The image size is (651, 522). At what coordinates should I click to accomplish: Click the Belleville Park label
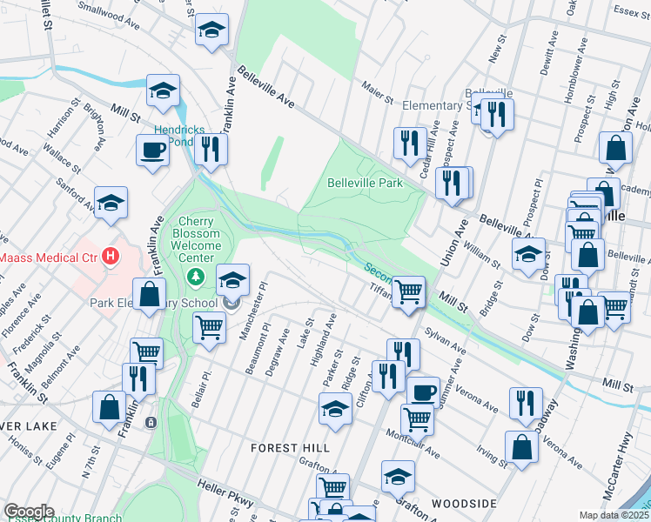365,184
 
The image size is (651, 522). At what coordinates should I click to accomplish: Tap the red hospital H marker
110,257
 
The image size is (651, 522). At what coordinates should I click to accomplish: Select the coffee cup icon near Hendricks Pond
152,150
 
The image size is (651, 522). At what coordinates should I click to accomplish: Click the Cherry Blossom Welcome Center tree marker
197,277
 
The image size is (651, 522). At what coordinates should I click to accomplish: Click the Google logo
29,512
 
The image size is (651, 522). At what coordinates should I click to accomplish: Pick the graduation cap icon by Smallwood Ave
211,30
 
